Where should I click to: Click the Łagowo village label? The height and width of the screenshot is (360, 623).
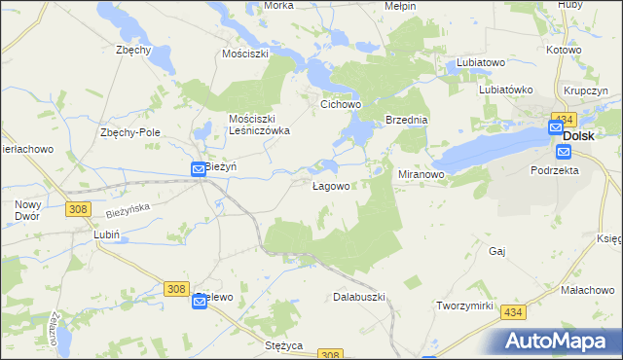331,186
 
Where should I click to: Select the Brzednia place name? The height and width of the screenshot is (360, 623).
407,120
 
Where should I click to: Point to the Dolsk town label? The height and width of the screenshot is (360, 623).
579,136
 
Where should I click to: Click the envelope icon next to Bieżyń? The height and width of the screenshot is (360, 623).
199,168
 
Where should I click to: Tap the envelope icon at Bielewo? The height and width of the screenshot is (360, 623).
200,303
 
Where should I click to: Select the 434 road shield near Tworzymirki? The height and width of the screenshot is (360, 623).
513,312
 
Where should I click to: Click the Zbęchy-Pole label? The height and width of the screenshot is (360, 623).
129,132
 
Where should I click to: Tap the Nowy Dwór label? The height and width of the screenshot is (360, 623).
27,211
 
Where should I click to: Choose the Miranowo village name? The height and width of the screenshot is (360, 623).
421,174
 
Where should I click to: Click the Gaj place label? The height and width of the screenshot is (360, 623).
498,250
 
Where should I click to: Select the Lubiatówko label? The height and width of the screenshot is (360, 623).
506,90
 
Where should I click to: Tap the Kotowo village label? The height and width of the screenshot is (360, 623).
564,49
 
